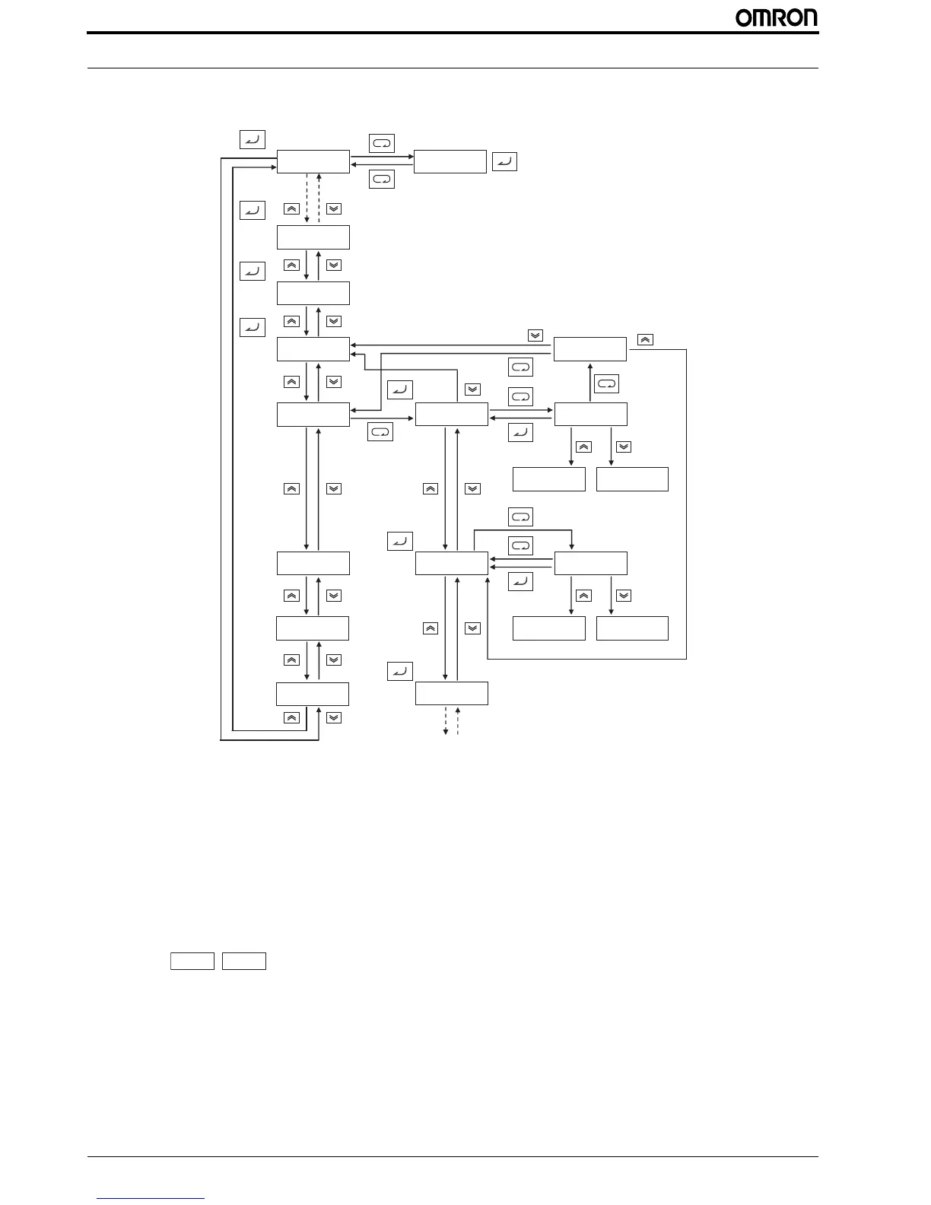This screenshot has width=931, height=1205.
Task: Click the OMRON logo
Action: [776, 17]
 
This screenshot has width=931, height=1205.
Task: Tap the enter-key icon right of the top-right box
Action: [504, 161]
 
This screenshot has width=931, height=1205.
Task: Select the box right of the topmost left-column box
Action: [450, 161]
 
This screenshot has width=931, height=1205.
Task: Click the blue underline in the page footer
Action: [151, 1198]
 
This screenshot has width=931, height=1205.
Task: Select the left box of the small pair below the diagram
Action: [192, 961]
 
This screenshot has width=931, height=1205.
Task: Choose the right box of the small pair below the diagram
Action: [244, 961]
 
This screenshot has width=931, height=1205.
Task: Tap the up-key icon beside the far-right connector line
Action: [644, 339]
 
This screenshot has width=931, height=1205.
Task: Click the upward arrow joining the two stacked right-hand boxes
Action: [591, 382]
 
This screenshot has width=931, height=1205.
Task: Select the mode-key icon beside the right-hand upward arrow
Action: [606, 383]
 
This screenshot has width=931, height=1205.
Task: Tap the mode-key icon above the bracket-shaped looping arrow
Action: [521, 517]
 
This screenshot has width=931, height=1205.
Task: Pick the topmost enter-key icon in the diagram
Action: [252, 139]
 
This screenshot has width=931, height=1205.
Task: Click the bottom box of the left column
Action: [313, 694]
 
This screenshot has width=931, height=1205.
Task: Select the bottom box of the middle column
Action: [451, 694]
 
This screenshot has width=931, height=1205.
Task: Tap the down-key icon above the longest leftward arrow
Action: [535, 335]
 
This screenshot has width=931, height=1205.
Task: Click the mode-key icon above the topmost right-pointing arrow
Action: [381, 143]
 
